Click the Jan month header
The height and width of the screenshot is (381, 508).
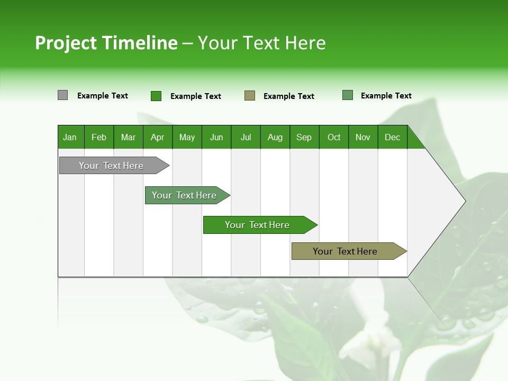coord(70,137)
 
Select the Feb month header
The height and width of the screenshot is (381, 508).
coord(99,137)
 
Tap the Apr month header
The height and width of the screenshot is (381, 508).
coord(158,137)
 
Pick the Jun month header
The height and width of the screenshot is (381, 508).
coord(216,137)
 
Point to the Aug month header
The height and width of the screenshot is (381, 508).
coord(275,137)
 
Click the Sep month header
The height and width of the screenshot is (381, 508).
coord(304,137)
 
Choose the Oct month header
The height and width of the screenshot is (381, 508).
coord(334,137)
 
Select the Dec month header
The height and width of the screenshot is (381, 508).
coord(393,137)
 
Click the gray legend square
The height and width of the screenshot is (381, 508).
coord(62,95)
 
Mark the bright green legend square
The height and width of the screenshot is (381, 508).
coord(156,96)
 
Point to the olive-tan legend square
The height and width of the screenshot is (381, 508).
coord(250,96)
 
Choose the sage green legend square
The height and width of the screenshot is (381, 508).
coord(348,95)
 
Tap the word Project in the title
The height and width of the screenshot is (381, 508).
coord(66,43)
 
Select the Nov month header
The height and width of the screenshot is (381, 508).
coord(363,137)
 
